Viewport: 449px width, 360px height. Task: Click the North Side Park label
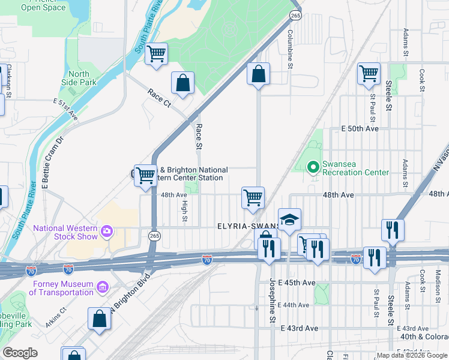point(79,78)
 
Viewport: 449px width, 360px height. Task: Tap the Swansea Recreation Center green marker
point(312,167)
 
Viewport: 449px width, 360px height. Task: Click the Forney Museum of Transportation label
point(62,289)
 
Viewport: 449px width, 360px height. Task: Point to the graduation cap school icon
point(289,220)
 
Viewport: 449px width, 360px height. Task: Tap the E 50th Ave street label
point(360,129)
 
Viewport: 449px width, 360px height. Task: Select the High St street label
point(184,214)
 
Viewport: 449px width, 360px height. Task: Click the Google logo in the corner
point(20,353)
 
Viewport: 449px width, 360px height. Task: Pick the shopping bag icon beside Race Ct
point(182,84)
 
